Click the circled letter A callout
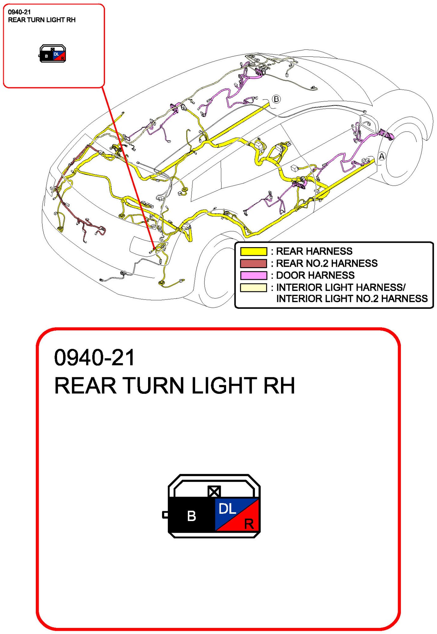coord(382,156)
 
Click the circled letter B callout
coord(276,99)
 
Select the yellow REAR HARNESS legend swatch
coord(253,251)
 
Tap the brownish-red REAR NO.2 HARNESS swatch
coord(253,263)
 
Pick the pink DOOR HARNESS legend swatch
coord(253,275)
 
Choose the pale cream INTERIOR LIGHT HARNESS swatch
coord(253,287)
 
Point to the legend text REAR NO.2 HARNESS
coord(327,263)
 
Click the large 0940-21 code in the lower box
coord(95,358)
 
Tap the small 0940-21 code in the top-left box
coord(19,12)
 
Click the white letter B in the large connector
coord(191,516)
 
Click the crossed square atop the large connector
coord(214,492)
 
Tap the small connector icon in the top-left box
coord(53,54)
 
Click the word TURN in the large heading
coord(154,386)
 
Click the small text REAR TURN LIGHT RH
coord(42,20)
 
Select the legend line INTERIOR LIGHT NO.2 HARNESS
coord(352,299)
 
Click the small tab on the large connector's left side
coord(165,515)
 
